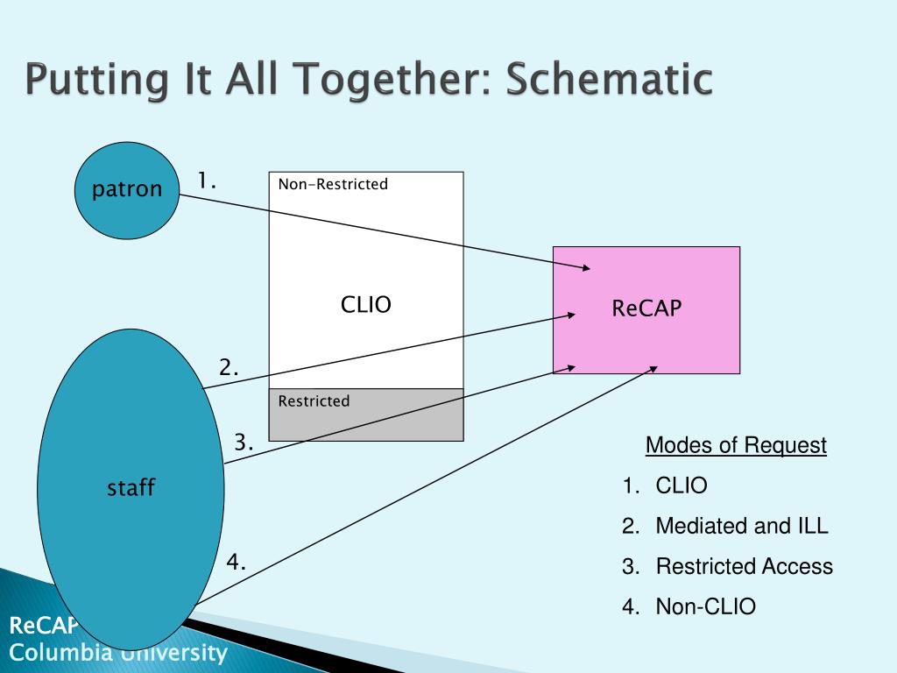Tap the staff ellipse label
131,488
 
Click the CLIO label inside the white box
365,305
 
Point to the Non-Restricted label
333,185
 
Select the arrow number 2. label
230,368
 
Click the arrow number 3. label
244,443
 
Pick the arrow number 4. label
236,562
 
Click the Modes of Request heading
736,446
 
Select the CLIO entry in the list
681,486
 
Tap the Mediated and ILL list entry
741,527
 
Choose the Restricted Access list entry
744,566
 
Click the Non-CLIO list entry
705,606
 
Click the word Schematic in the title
610,81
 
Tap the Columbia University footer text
118,653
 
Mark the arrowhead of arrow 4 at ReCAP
653,368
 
